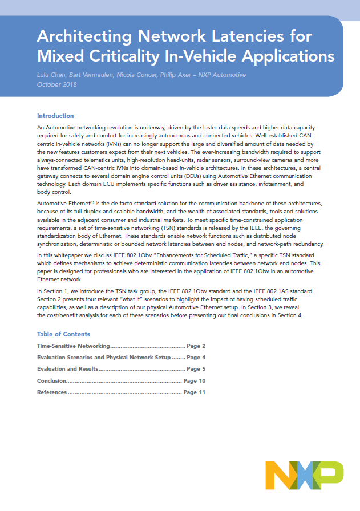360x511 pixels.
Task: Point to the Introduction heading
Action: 55,116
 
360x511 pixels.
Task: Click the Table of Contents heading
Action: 63,334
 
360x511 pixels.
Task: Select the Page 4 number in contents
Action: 196,358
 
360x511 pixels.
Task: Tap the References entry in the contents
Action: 52,392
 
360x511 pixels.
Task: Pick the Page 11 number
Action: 194,392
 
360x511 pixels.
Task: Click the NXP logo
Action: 304,474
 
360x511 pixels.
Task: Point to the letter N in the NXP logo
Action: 279,474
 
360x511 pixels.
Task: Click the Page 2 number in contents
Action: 196,346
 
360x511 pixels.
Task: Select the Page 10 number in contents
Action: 194,380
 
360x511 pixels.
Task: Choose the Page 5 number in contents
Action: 196,369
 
